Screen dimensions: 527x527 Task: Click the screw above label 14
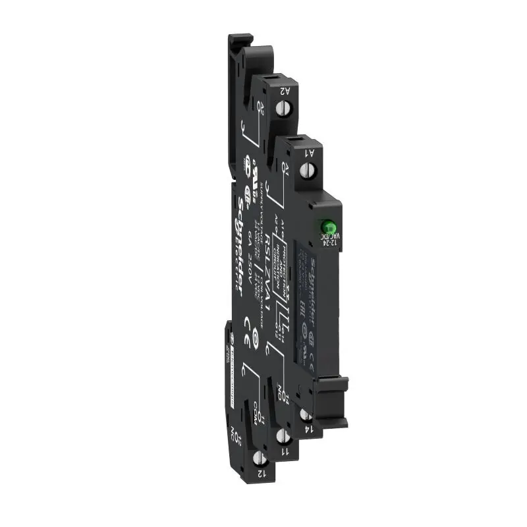point(306,414)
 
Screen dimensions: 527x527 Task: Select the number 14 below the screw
point(308,431)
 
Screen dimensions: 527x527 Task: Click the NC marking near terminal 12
point(235,435)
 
